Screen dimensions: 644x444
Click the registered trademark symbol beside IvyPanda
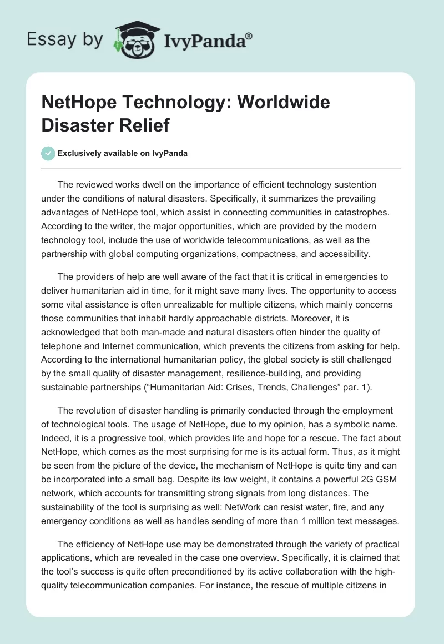(x=249, y=36)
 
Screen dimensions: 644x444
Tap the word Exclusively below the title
(x=79, y=154)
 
